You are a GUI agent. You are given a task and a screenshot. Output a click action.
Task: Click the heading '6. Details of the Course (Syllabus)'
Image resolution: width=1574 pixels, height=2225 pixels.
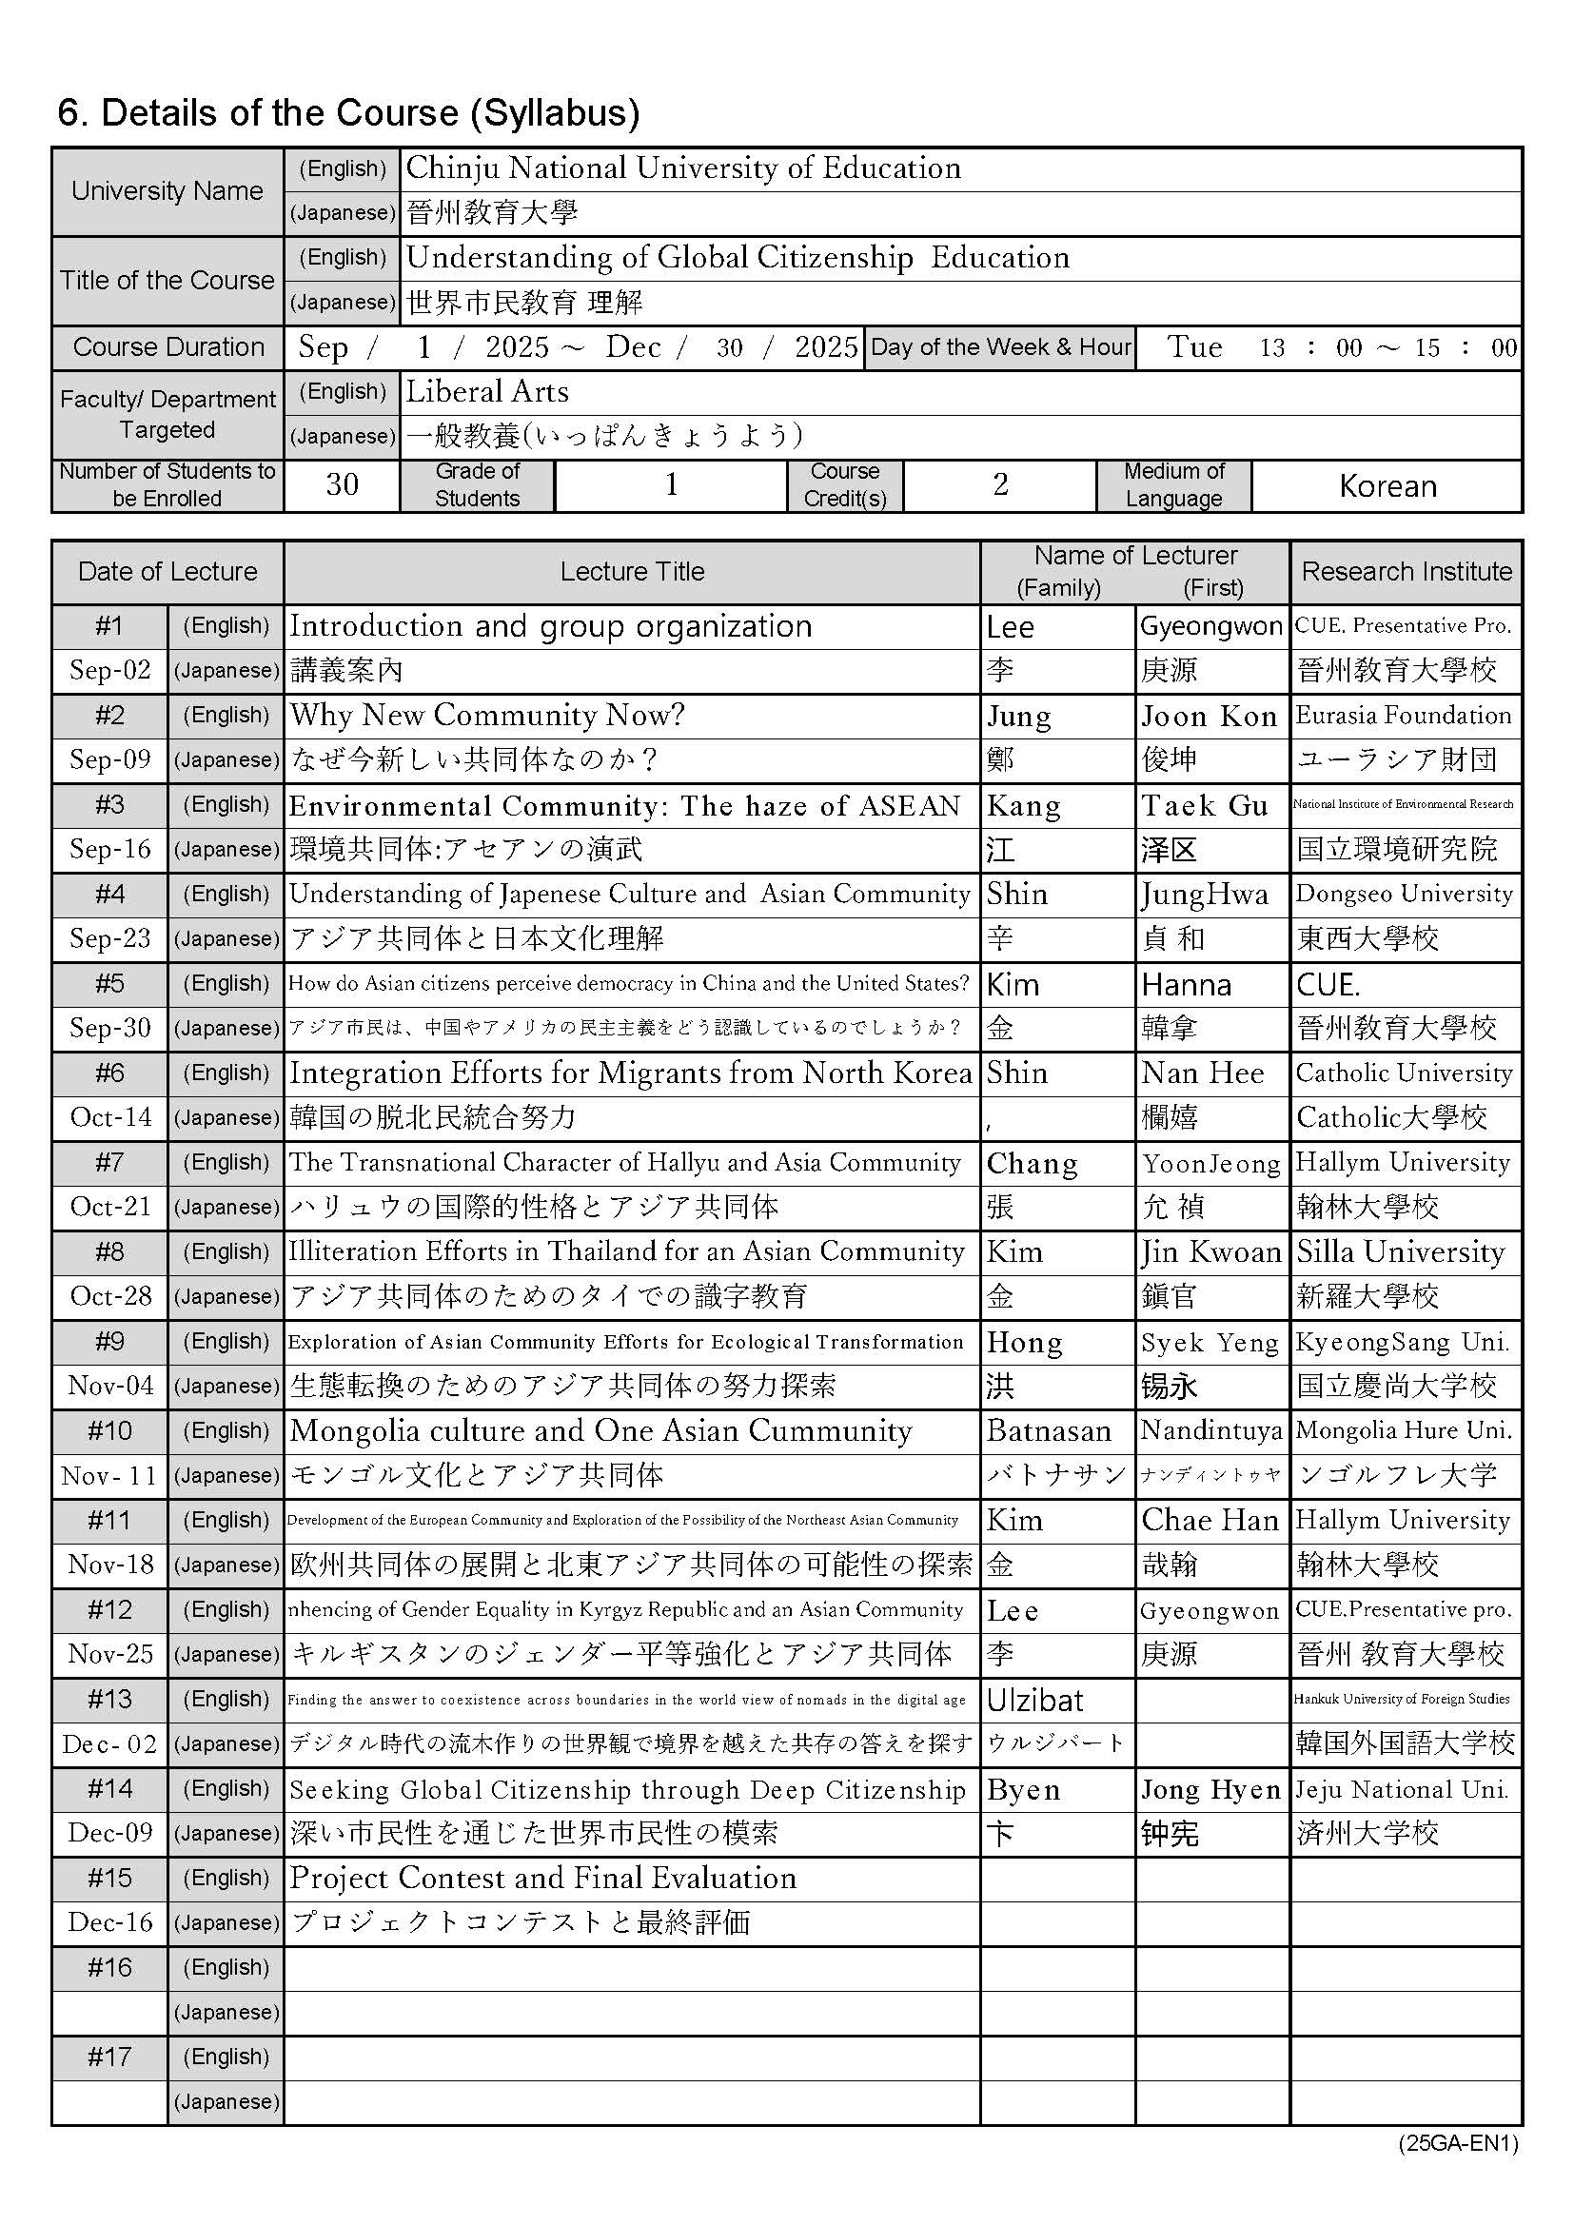pyautogui.click(x=349, y=113)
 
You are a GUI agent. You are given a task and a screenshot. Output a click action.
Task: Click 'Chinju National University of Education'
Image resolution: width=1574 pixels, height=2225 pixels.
pyautogui.click(x=683, y=168)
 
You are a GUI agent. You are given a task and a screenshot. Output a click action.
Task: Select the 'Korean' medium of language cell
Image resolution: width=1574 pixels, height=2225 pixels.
pyautogui.click(x=1387, y=485)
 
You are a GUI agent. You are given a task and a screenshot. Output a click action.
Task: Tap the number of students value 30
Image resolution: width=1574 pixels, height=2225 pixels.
pyautogui.click(x=342, y=484)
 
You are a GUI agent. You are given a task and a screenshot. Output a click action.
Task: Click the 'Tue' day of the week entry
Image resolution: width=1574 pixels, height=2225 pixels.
pyautogui.click(x=1194, y=347)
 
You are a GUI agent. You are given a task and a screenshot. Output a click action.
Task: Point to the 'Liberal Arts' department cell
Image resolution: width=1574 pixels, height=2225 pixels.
pyautogui.click(x=486, y=392)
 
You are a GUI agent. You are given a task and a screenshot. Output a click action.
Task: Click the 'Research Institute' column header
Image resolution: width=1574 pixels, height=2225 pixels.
pyautogui.click(x=1406, y=572)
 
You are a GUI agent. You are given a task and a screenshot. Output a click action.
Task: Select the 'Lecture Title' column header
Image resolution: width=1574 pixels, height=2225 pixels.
pyautogui.click(x=632, y=572)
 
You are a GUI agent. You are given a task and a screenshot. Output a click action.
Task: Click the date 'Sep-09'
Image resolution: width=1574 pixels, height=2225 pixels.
pyautogui.click(x=109, y=759)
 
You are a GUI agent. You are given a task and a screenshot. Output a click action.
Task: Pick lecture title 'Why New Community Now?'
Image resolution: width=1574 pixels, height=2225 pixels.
pyautogui.click(x=486, y=716)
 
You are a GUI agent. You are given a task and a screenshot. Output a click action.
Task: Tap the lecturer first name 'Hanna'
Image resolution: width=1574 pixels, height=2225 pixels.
pyautogui.click(x=1187, y=985)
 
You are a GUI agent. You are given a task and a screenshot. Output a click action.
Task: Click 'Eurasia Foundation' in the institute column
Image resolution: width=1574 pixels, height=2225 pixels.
pyautogui.click(x=1404, y=716)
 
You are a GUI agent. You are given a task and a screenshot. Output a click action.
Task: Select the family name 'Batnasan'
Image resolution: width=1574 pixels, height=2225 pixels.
pyautogui.click(x=1049, y=1431)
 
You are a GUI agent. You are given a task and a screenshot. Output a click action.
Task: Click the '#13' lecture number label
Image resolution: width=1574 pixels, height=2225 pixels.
pyautogui.click(x=109, y=1700)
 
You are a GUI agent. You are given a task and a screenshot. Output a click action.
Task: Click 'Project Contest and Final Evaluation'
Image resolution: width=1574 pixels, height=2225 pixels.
pyautogui.click(x=542, y=1878)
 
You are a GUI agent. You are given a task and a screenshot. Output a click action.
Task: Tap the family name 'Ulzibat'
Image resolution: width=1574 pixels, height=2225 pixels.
pyautogui.click(x=1035, y=1700)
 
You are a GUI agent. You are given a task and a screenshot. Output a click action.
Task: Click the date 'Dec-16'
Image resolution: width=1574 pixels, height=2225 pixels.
pyautogui.click(x=109, y=1922)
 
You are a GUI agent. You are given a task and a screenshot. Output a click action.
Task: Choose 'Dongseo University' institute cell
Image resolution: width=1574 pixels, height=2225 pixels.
pyautogui.click(x=1404, y=894)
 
